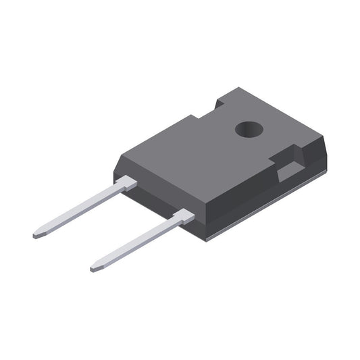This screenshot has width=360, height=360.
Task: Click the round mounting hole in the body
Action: [249, 128]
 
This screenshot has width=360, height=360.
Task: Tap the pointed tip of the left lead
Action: [36, 236]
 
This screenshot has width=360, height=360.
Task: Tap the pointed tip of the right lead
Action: [93, 269]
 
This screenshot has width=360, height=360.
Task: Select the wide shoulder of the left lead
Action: [126, 182]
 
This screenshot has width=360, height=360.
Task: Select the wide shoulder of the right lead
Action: [183, 217]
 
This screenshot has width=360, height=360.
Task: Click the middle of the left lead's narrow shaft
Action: [78, 211]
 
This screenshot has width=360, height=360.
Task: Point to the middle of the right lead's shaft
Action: [135, 244]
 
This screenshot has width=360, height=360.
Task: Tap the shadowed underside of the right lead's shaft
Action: [138, 248]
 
